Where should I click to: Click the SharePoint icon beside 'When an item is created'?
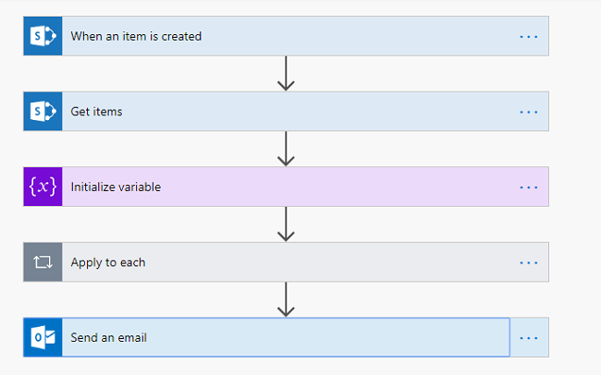pyautogui.click(x=43, y=37)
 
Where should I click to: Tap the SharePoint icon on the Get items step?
pyautogui.click(x=43, y=112)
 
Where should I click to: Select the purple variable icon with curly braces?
pyautogui.click(x=43, y=187)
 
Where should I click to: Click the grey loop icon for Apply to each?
pyautogui.click(x=43, y=262)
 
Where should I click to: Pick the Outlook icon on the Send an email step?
pyautogui.click(x=43, y=337)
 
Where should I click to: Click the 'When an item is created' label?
pyautogui.click(x=136, y=37)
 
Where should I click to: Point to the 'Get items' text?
pyautogui.click(x=96, y=112)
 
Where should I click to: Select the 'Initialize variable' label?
pyautogui.click(x=116, y=187)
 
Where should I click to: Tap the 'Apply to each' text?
pyautogui.click(x=108, y=262)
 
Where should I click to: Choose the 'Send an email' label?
pyautogui.click(x=108, y=337)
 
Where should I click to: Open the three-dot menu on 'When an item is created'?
pyautogui.click(x=528, y=37)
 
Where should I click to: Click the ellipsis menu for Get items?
pyautogui.click(x=528, y=112)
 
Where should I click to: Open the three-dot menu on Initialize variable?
pyautogui.click(x=528, y=187)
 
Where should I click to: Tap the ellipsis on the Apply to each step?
pyautogui.click(x=528, y=262)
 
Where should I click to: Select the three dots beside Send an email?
pyautogui.click(x=528, y=337)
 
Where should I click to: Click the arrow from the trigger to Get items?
pyautogui.click(x=286, y=74)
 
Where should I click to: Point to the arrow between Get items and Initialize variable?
pyautogui.click(x=286, y=149)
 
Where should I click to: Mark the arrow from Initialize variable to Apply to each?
pyautogui.click(x=286, y=224)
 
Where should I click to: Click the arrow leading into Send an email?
pyautogui.click(x=286, y=299)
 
